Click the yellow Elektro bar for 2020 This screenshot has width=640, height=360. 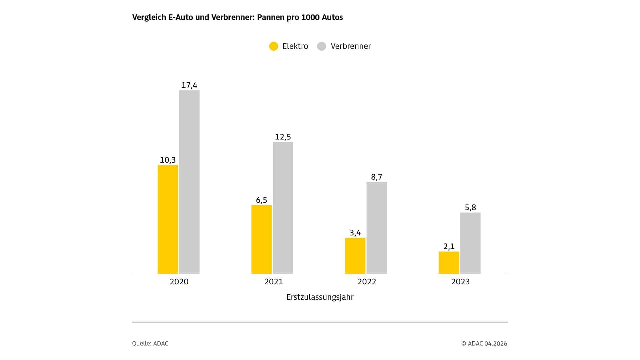pyautogui.click(x=168, y=219)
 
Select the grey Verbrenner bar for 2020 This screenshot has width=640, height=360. pyautogui.click(x=189, y=182)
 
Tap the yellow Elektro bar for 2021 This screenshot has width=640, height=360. pyautogui.click(x=261, y=239)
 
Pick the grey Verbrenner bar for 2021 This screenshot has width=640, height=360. pyautogui.click(x=283, y=208)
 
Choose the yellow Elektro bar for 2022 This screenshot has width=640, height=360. pyautogui.click(x=355, y=256)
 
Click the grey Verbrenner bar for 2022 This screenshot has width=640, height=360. pyautogui.click(x=377, y=228)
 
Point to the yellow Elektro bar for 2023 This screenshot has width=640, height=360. pyautogui.click(x=449, y=263)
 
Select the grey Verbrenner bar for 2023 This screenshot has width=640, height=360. pyautogui.click(x=470, y=243)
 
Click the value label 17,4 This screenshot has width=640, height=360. pyautogui.click(x=189, y=85)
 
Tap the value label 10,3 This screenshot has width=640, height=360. pyautogui.click(x=168, y=160)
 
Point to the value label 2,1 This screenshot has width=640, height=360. pyautogui.click(x=449, y=247)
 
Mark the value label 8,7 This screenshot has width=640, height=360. pyautogui.click(x=377, y=177)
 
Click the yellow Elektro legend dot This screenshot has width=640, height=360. pyautogui.click(x=274, y=46)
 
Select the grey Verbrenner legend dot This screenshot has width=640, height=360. pyautogui.click(x=322, y=46)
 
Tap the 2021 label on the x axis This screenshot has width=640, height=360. pyautogui.click(x=274, y=282)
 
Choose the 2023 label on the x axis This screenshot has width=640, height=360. pyautogui.click(x=460, y=282)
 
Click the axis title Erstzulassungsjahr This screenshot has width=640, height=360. pyautogui.click(x=320, y=297)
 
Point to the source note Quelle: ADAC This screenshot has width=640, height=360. pyautogui.click(x=150, y=343)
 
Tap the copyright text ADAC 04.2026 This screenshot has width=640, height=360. pyautogui.click(x=487, y=343)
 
